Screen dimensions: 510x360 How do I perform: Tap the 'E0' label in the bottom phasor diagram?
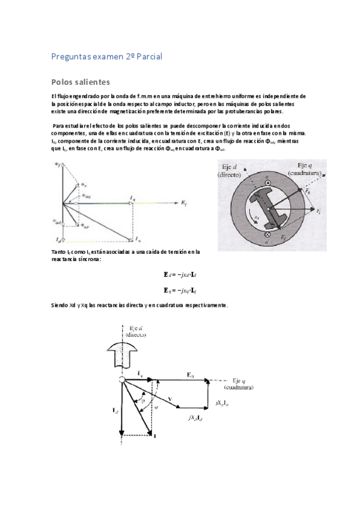click(x=190, y=375)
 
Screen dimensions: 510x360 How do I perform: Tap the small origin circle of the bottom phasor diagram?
click(x=121, y=381)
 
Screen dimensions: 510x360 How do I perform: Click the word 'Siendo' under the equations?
click(x=61, y=306)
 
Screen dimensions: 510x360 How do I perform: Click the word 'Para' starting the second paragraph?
click(x=58, y=124)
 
